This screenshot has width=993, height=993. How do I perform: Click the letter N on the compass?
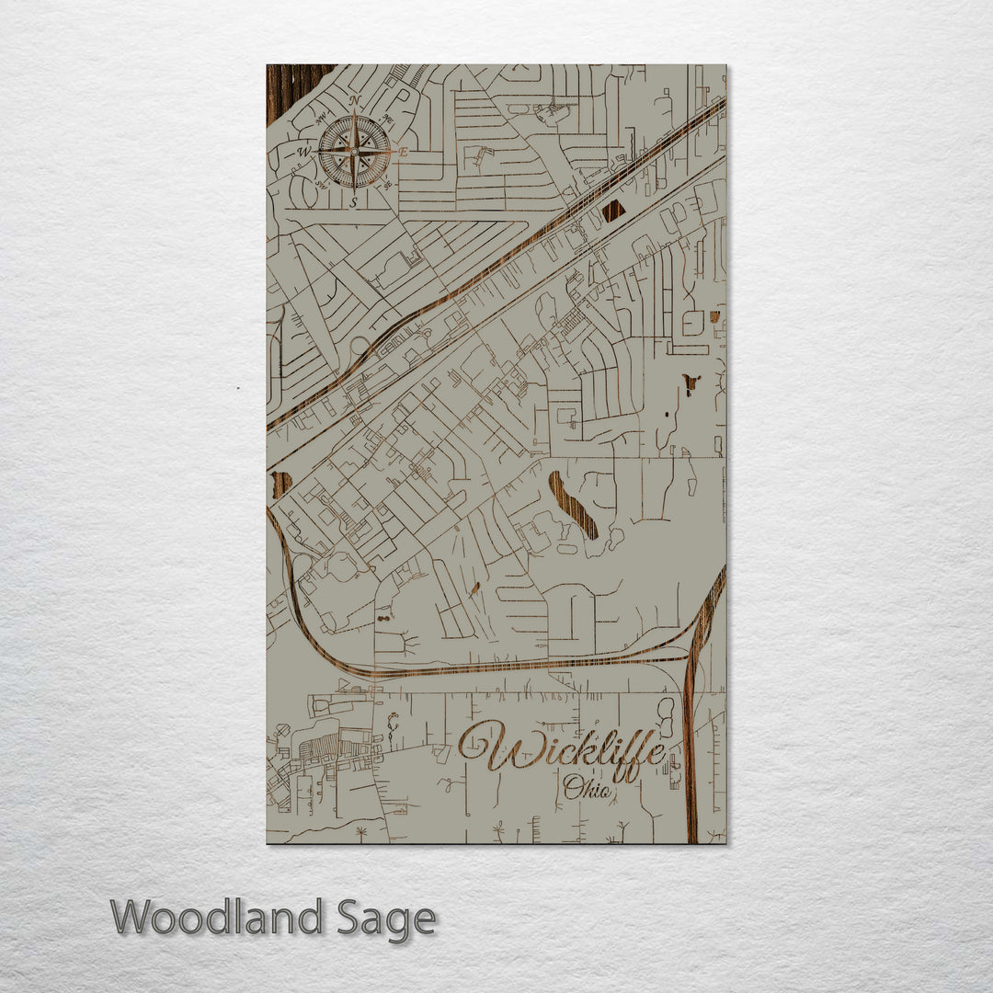[x=355, y=101]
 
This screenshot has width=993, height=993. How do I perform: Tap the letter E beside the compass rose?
[x=403, y=152]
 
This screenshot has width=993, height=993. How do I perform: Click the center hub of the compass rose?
[x=355, y=152]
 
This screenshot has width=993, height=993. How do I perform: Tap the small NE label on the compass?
[x=388, y=120]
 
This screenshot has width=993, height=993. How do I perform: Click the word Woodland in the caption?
[x=216, y=918]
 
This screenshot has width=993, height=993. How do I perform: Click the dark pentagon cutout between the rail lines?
[x=612, y=211]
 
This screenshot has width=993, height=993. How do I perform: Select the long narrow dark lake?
[x=573, y=505]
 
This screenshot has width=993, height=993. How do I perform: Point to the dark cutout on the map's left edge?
[x=281, y=484]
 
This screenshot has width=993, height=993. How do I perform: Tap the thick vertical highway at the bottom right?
[x=691, y=754]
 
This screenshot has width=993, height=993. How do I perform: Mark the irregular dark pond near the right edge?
[x=691, y=382]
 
